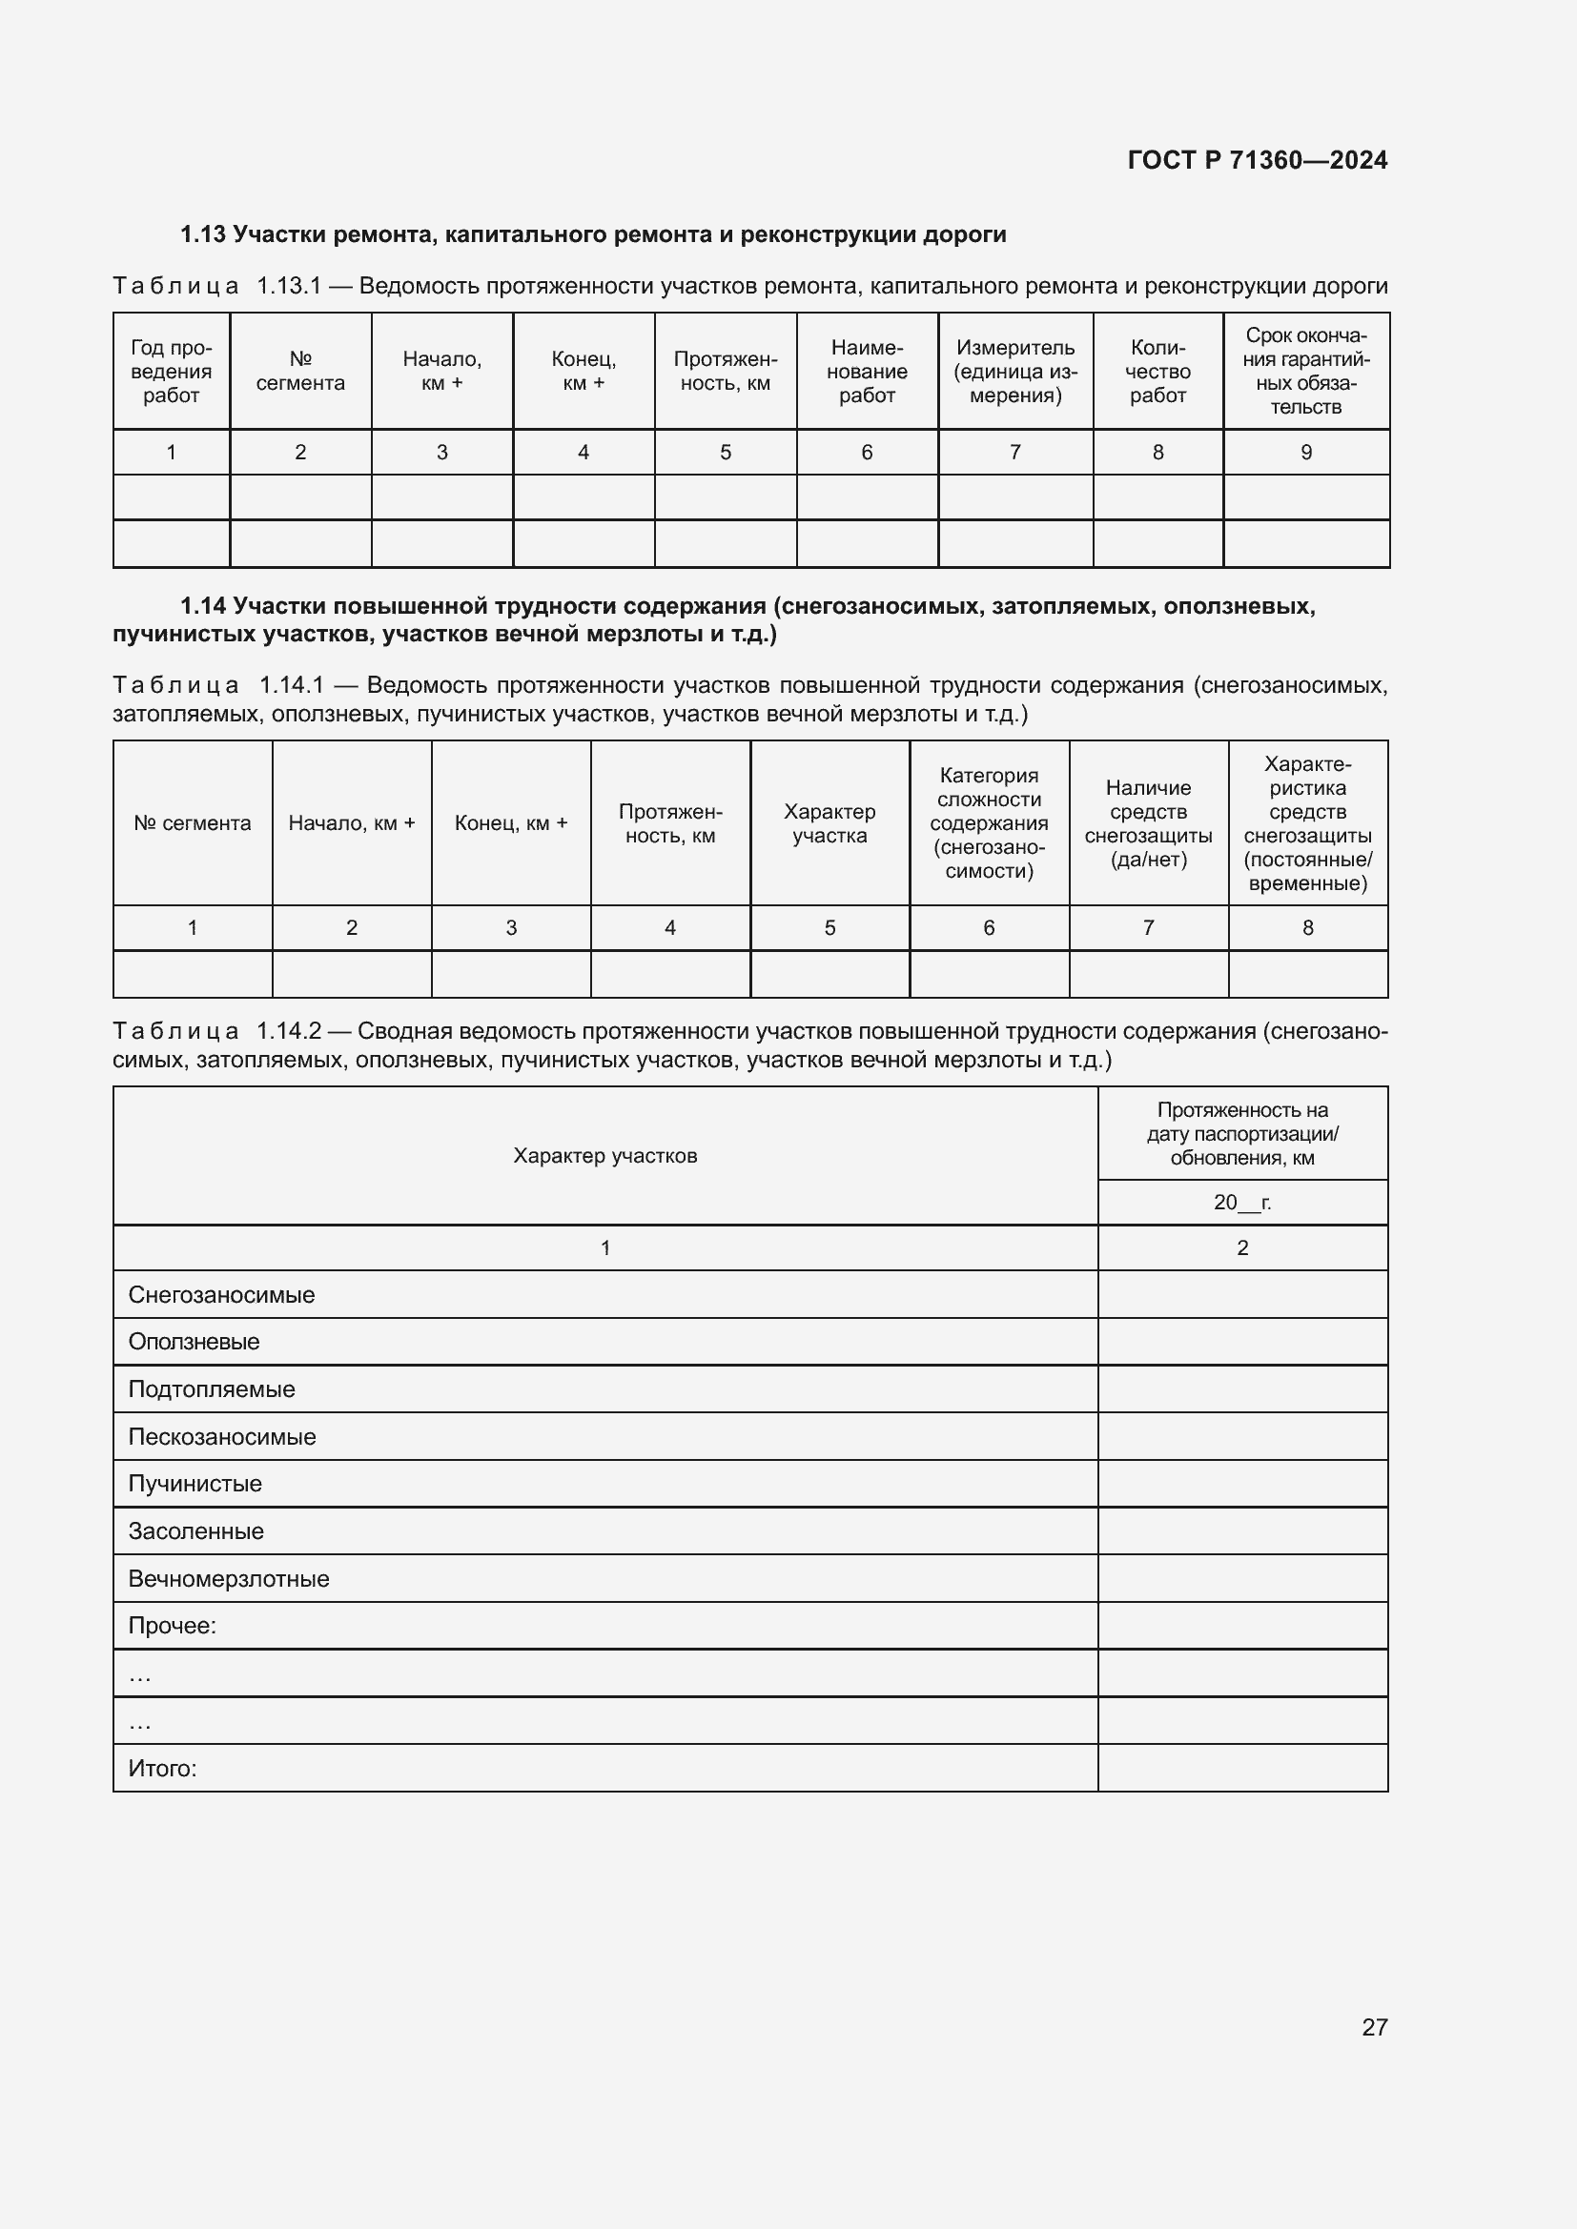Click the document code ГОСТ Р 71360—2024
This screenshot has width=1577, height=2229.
coord(1257,160)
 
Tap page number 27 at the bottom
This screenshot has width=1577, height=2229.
coord(1374,2027)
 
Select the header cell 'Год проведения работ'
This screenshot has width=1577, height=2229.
coord(171,371)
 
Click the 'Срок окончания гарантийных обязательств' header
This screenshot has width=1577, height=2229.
coord(1305,371)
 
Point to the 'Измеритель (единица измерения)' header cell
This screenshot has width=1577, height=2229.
coord(1014,371)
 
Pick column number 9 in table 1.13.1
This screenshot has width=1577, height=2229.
coord(1305,453)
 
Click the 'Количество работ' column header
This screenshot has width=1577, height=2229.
coord(1157,371)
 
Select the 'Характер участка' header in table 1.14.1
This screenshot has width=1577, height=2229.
coord(829,823)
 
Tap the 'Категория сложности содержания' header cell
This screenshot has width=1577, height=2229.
coord(989,823)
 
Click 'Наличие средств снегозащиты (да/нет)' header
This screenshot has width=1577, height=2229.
coord(1148,823)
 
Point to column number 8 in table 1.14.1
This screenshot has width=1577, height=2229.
coord(1307,928)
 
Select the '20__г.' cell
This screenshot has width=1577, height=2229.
coord(1241,1203)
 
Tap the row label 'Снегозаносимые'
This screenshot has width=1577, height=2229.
coord(221,1295)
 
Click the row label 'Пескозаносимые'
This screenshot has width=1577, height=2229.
coord(221,1437)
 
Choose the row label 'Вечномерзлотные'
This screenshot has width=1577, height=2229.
coord(228,1578)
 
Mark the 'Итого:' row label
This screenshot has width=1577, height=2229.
coord(162,1769)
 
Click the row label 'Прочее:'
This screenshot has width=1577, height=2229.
coord(172,1626)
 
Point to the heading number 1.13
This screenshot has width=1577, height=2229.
coord(202,235)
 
